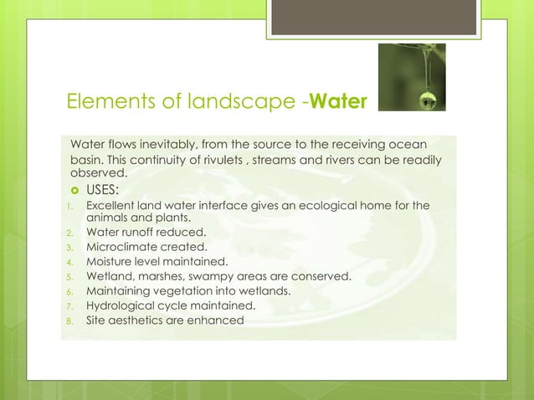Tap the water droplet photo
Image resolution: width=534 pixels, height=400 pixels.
(411, 77)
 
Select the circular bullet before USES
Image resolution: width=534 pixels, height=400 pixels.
(74, 189)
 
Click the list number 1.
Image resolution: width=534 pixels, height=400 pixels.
(71, 206)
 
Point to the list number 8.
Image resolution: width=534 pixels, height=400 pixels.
(71, 321)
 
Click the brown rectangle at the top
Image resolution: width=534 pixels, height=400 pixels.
(372, 17)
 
